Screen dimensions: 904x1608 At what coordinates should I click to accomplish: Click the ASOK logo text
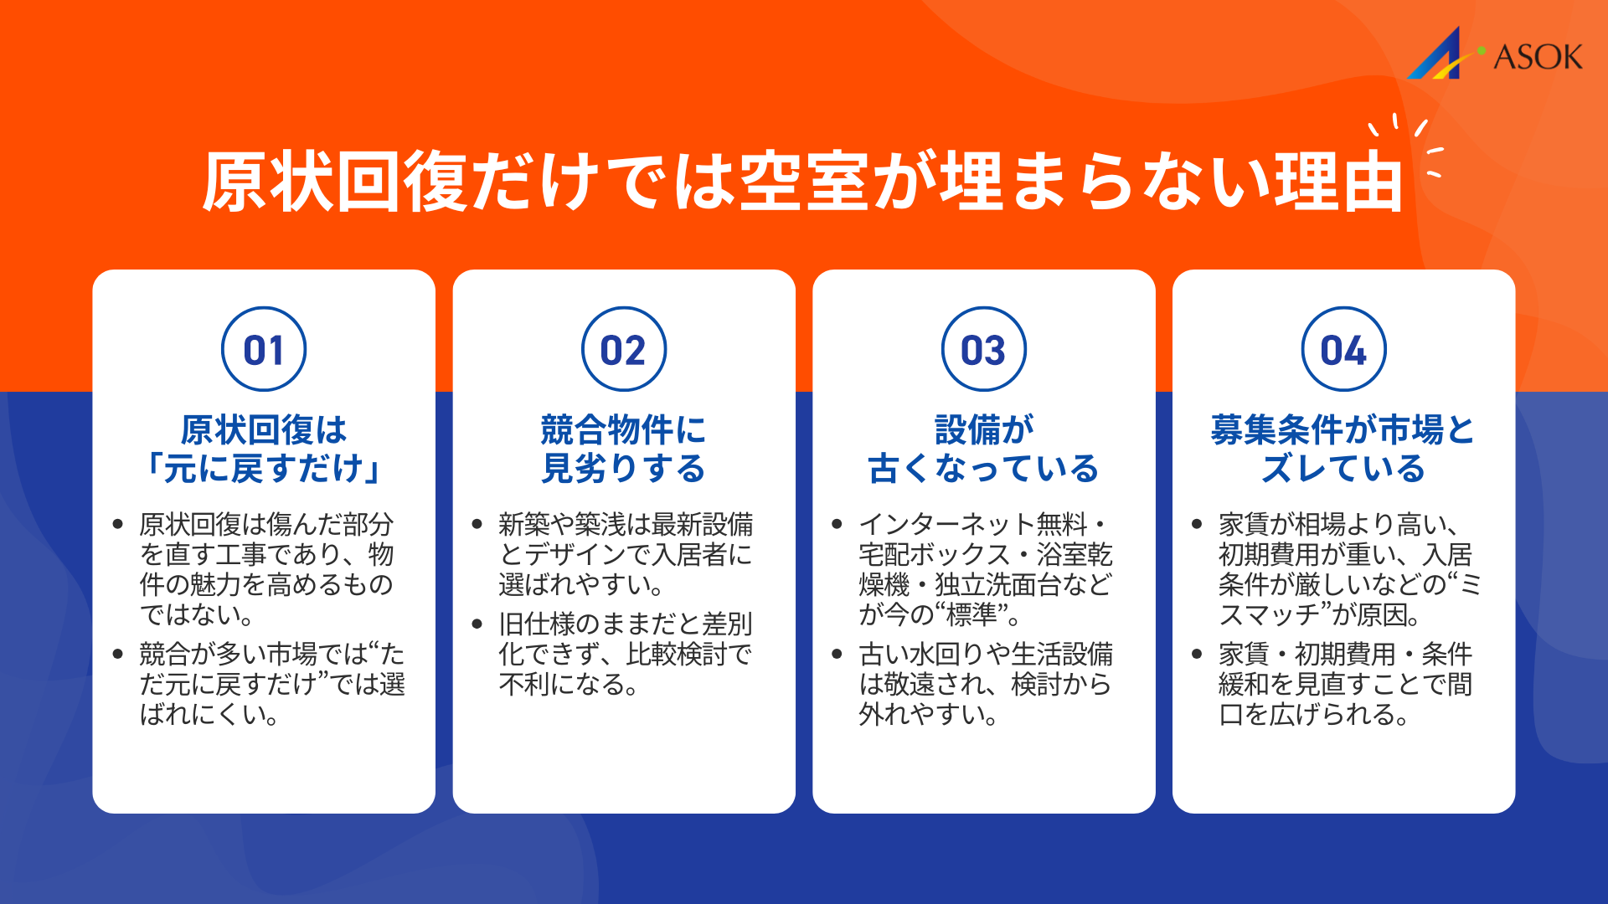pos(1538,57)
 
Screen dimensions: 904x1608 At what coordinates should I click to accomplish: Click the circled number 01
pos(264,349)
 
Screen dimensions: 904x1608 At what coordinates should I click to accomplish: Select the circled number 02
pos(624,349)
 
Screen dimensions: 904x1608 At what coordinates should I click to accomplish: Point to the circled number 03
pos(984,349)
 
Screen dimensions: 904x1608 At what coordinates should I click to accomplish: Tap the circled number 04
pos(1343,349)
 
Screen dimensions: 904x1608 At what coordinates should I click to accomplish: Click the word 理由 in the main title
pos(1337,182)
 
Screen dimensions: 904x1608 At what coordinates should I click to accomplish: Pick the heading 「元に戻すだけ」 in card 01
pos(264,468)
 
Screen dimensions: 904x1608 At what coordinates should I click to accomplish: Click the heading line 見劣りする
pos(624,468)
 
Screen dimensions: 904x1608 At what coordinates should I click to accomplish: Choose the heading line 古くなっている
pos(984,468)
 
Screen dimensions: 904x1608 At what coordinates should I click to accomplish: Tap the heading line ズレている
pos(1343,468)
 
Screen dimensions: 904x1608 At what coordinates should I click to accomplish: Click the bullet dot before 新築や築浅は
pos(477,525)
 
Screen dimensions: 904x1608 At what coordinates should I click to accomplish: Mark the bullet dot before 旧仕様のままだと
pos(477,624)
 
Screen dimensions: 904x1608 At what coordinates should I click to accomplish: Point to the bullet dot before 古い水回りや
pos(837,654)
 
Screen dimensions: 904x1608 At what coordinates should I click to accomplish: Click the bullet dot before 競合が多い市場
pos(118,654)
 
